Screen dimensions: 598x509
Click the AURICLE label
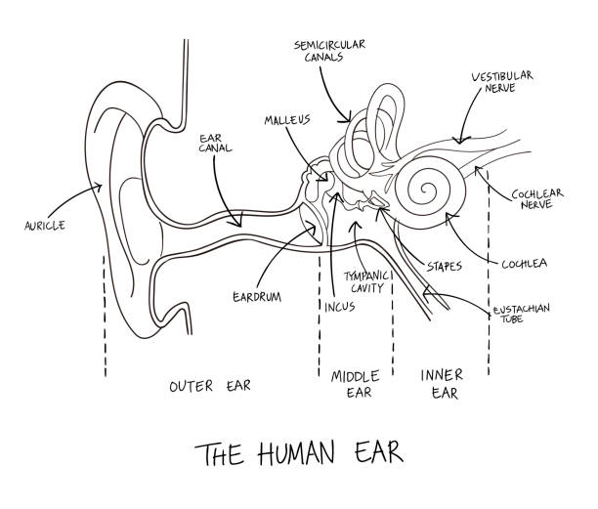pyautogui.click(x=45, y=226)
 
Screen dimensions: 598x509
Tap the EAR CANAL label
pyautogui.click(x=215, y=143)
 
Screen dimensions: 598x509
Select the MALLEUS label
pyautogui.click(x=287, y=120)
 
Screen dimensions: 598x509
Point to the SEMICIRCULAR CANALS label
pyautogui.click(x=329, y=51)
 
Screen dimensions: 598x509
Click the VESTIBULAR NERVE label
pyautogui.click(x=502, y=82)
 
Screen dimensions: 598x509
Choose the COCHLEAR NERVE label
pyautogui.click(x=537, y=198)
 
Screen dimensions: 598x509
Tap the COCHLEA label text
pyautogui.click(x=524, y=264)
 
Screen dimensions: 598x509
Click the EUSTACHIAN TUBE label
pyautogui.click(x=521, y=314)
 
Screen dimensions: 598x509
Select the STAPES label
pyautogui.click(x=445, y=266)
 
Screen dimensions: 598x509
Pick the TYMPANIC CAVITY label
pyautogui.click(x=366, y=281)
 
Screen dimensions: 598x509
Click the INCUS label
pyautogui.click(x=339, y=307)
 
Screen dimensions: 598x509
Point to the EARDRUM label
pyautogui.click(x=257, y=297)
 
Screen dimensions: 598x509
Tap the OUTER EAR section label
pyautogui.click(x=210, y=386)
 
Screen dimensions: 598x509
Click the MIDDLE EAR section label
pyautogui.click(x=355, y=384)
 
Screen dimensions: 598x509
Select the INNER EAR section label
pyautogui.click(x=442, y=384)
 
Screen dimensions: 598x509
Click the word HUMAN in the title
pyautogui.click(x=296, y=453)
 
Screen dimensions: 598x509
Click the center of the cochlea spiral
pyautogui.click(x=426, y=190)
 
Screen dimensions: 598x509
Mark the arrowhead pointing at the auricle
pyautogui.click(x=98, y=187)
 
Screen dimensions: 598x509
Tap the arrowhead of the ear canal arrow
pyautogui.click(x=238, y=222)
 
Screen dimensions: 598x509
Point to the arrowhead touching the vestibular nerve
pyautogui.click(x=460, y=140)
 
